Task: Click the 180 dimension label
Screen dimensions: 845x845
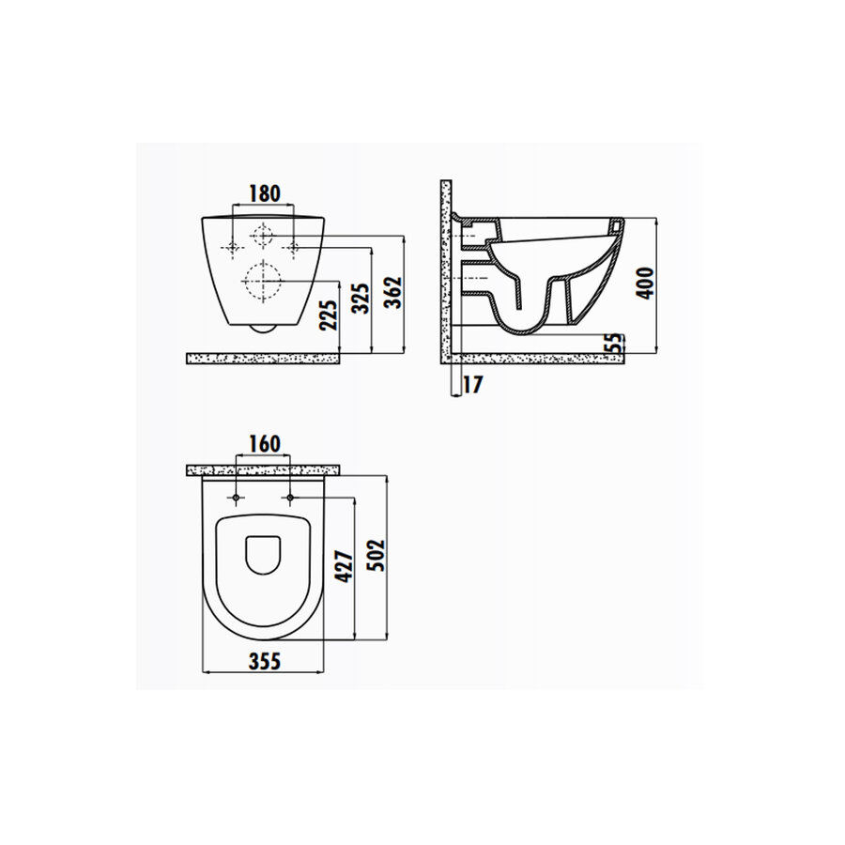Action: click(x=264, y=193)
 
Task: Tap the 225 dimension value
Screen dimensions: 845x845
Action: click(x=330, y=315)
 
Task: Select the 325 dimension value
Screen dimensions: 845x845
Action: click(x=361, y=299)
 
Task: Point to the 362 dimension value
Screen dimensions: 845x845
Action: click(x=394, y=292)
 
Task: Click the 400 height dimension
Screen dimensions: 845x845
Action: click(x=646, y=283)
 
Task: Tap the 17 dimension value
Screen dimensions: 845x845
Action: click(x=472, y=385)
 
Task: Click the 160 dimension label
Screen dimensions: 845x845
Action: click(x=264, y=444)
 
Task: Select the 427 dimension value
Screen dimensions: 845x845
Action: click(x=345, y=566)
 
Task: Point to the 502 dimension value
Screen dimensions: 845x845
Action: click(x=377, y=556)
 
